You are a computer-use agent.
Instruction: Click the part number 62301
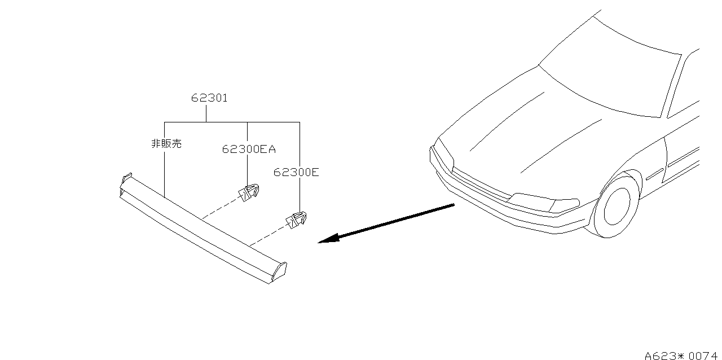tap(209, 98)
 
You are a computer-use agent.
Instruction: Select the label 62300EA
tap(249, 149)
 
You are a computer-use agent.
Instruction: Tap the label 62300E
tap(296, 172)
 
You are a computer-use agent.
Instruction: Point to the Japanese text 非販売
tap(166, 143)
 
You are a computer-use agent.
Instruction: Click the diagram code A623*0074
tap(681, 355)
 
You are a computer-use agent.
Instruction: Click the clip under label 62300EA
tap(249, 192)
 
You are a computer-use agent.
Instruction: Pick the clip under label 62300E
tap(297, 219)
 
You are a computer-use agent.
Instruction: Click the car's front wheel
tap(617, 205)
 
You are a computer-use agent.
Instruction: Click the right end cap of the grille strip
tap(279, 271)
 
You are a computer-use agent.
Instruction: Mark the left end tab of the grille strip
tap(126, 181)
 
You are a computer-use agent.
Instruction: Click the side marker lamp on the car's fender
tap(655, 174)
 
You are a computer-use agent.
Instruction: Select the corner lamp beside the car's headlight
tap(565, 206)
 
